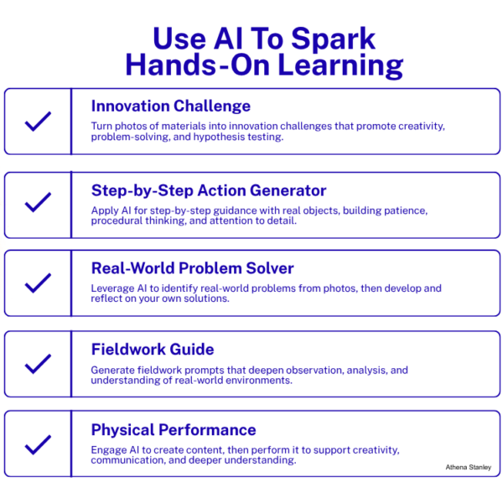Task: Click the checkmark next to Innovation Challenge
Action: pos(38,122)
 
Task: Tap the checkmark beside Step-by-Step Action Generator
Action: pos(38,203)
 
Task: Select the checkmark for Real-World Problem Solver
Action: pos(38,283)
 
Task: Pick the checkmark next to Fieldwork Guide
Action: pos(38,364)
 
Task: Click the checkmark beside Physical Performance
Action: pos(38,444)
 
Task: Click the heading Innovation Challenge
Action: pos(170,106)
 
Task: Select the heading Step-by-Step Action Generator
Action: pos(208,190)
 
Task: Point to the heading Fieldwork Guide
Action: pos(153,349)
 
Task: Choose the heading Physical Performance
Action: pos(174,430)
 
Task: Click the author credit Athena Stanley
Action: pos(468,467)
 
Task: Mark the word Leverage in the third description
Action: pos(112,288)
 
